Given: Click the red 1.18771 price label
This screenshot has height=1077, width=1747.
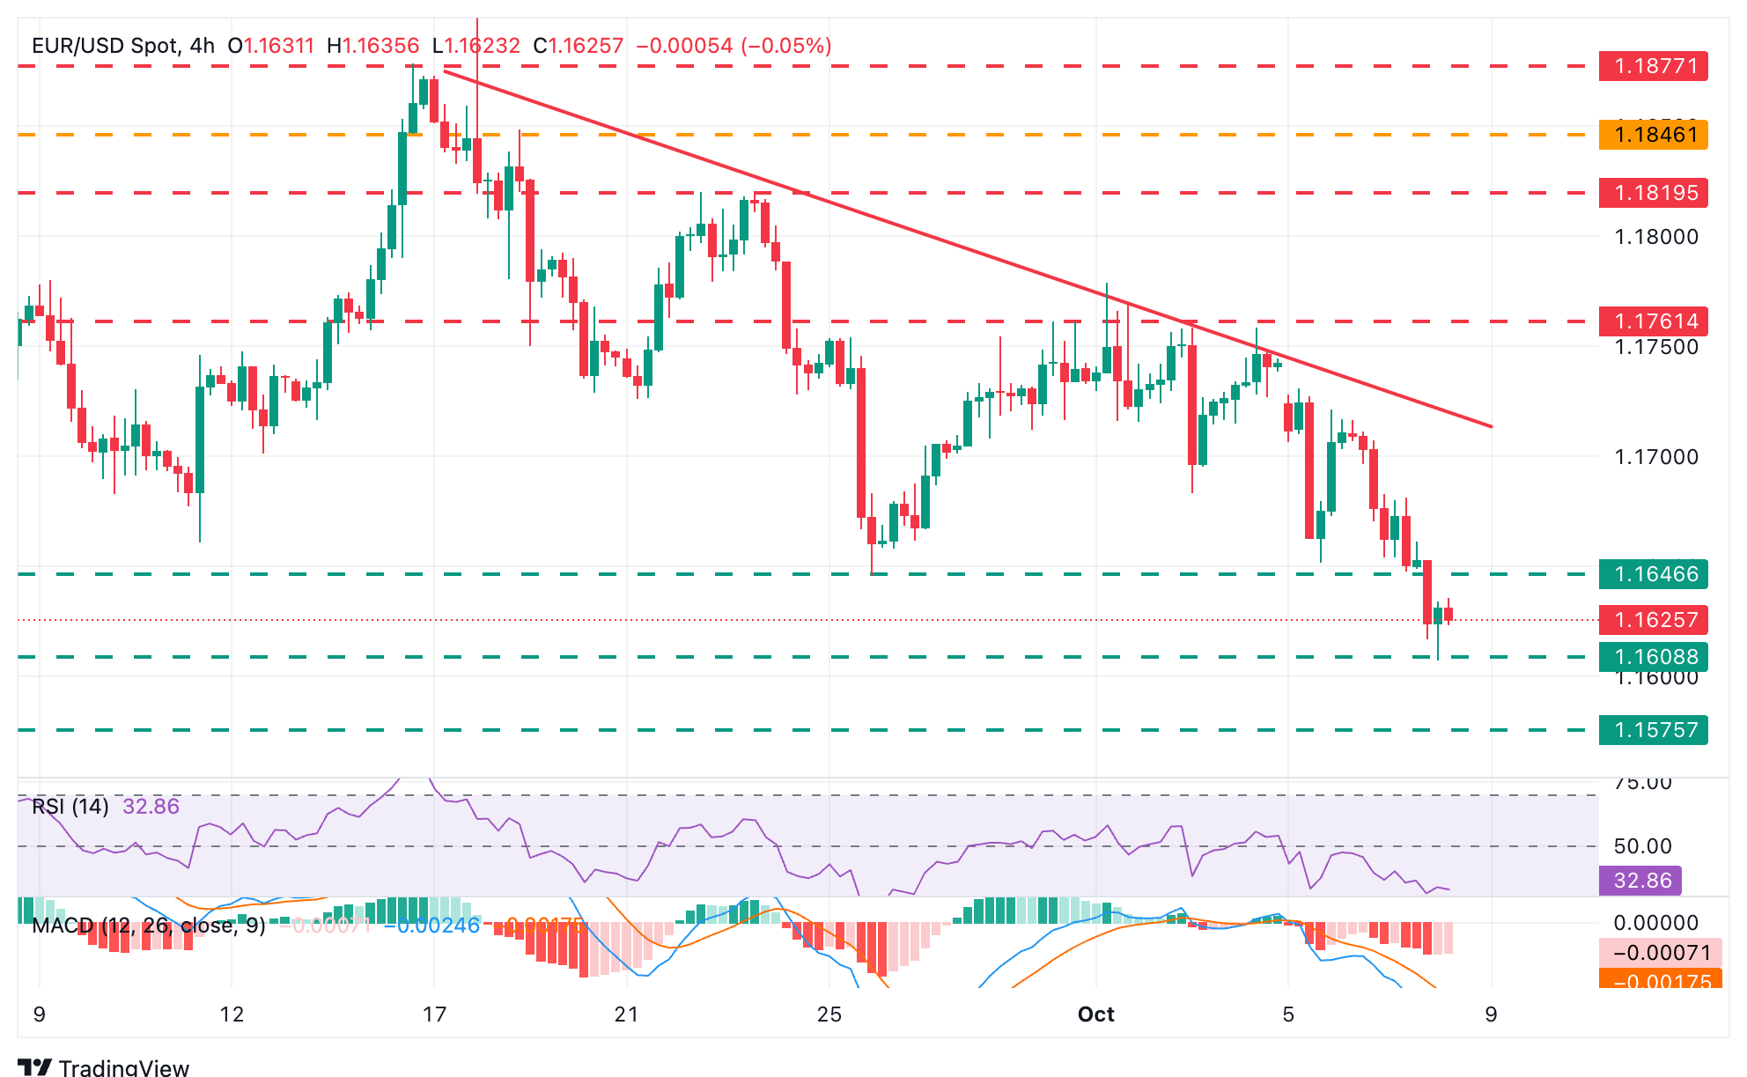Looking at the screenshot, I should click(x=1653, y=66).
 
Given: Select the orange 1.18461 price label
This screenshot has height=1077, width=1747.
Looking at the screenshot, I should click(x=1653, y=135).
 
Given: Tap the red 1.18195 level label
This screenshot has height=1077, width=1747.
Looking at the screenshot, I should click(x=1653, y=193).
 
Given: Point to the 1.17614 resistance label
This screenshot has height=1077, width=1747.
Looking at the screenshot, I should click(x=1653, y=321).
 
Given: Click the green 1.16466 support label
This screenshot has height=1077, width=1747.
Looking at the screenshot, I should click(x=1653, y=574).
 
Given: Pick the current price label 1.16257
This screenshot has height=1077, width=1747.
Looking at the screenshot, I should click(x=1653, y=620).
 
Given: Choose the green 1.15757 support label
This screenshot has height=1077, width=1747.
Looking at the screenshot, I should click(x=1653, y=730).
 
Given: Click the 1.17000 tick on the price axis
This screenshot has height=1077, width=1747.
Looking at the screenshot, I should click(x=1655, y=456).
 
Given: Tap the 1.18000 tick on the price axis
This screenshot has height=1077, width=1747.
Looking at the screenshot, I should click(x=1655, y=237).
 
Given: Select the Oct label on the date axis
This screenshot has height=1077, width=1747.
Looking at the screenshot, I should click(x=1096, y=1014).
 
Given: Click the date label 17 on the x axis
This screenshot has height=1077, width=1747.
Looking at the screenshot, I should click(x=434, y=1014).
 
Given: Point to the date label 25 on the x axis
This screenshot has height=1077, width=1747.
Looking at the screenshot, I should click(x=829, y=1014).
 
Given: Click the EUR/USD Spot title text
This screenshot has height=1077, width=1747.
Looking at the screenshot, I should click(x=106, y=46).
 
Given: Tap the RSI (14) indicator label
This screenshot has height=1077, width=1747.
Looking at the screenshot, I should click(x=70, y=807).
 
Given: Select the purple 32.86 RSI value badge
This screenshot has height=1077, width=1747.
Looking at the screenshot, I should click(x=1640, y=881).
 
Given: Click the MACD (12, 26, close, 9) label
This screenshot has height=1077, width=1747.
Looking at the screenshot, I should click(x=148, y=926).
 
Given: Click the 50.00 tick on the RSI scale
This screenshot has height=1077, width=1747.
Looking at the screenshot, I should click(x=1642, y=846).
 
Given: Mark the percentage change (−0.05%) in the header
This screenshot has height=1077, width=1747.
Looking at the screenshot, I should click(x=786, y=46).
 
